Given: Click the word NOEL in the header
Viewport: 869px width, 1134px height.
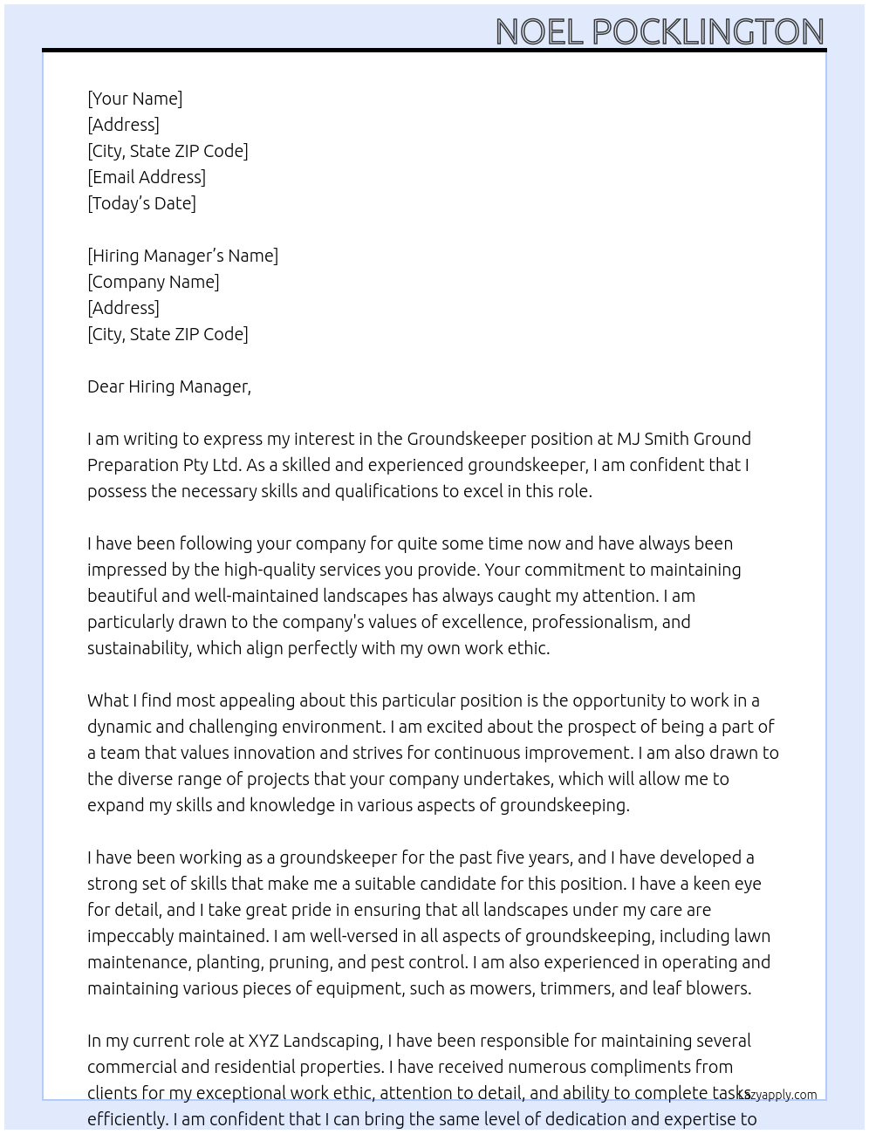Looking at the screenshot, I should pos(539,32).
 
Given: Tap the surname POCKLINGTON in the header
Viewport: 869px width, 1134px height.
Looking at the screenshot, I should pos(708,32).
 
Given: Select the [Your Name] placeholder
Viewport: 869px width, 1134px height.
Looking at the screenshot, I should pos(134,99).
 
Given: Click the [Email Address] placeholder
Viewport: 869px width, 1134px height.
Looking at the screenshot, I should pos(147,177).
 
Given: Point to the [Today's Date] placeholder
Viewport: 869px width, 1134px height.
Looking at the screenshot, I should pos(141,203).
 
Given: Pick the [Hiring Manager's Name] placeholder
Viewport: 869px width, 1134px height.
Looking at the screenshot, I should pos(182,256).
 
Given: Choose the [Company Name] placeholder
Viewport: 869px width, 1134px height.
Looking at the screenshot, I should pos(153,282).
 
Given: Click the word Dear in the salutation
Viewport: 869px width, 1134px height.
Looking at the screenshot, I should pos(105,386).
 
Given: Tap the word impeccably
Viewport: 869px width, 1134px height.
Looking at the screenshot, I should pos(130,936).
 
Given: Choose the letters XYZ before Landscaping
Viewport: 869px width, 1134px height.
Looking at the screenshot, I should pos(263,1041).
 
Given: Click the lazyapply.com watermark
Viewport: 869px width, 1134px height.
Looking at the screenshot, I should pos(777,1095).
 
